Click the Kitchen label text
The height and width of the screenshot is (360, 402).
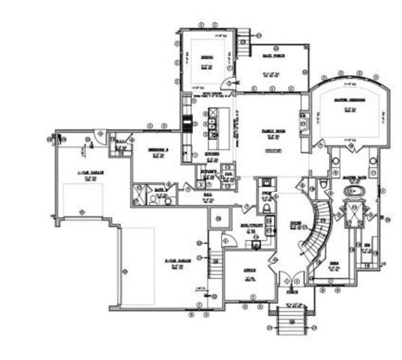tap(212, 152)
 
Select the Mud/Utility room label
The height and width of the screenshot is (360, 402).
tap(247, 224)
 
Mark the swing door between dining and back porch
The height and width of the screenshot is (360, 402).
tap(227, 84)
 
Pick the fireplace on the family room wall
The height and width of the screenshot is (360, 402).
tap(304, 121)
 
